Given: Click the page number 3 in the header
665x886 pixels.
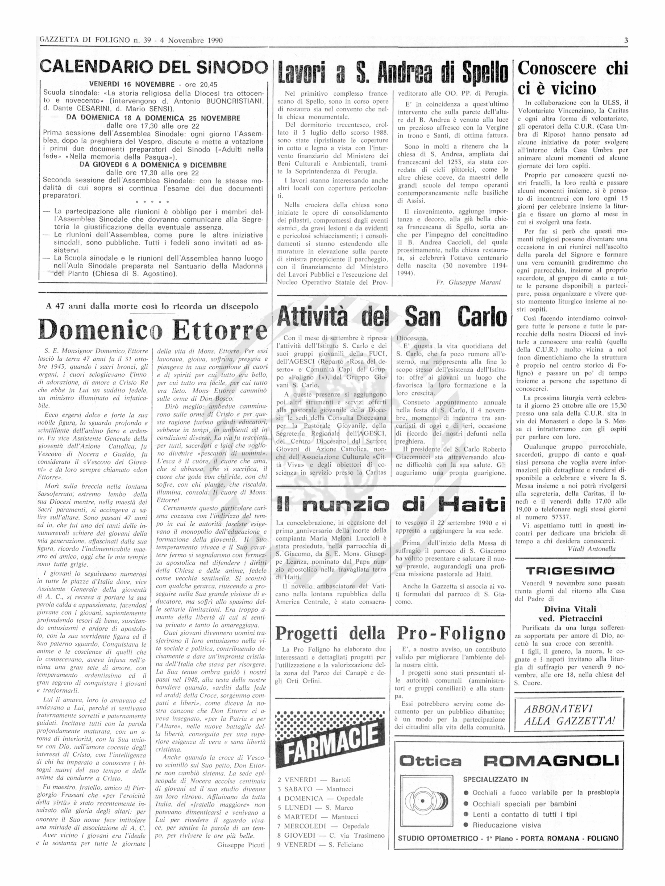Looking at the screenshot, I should (x=626, y=40).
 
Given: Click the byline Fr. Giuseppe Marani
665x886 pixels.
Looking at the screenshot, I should (x=468, y=282).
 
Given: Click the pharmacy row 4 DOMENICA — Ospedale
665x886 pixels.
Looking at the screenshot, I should (x=320, y=798).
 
